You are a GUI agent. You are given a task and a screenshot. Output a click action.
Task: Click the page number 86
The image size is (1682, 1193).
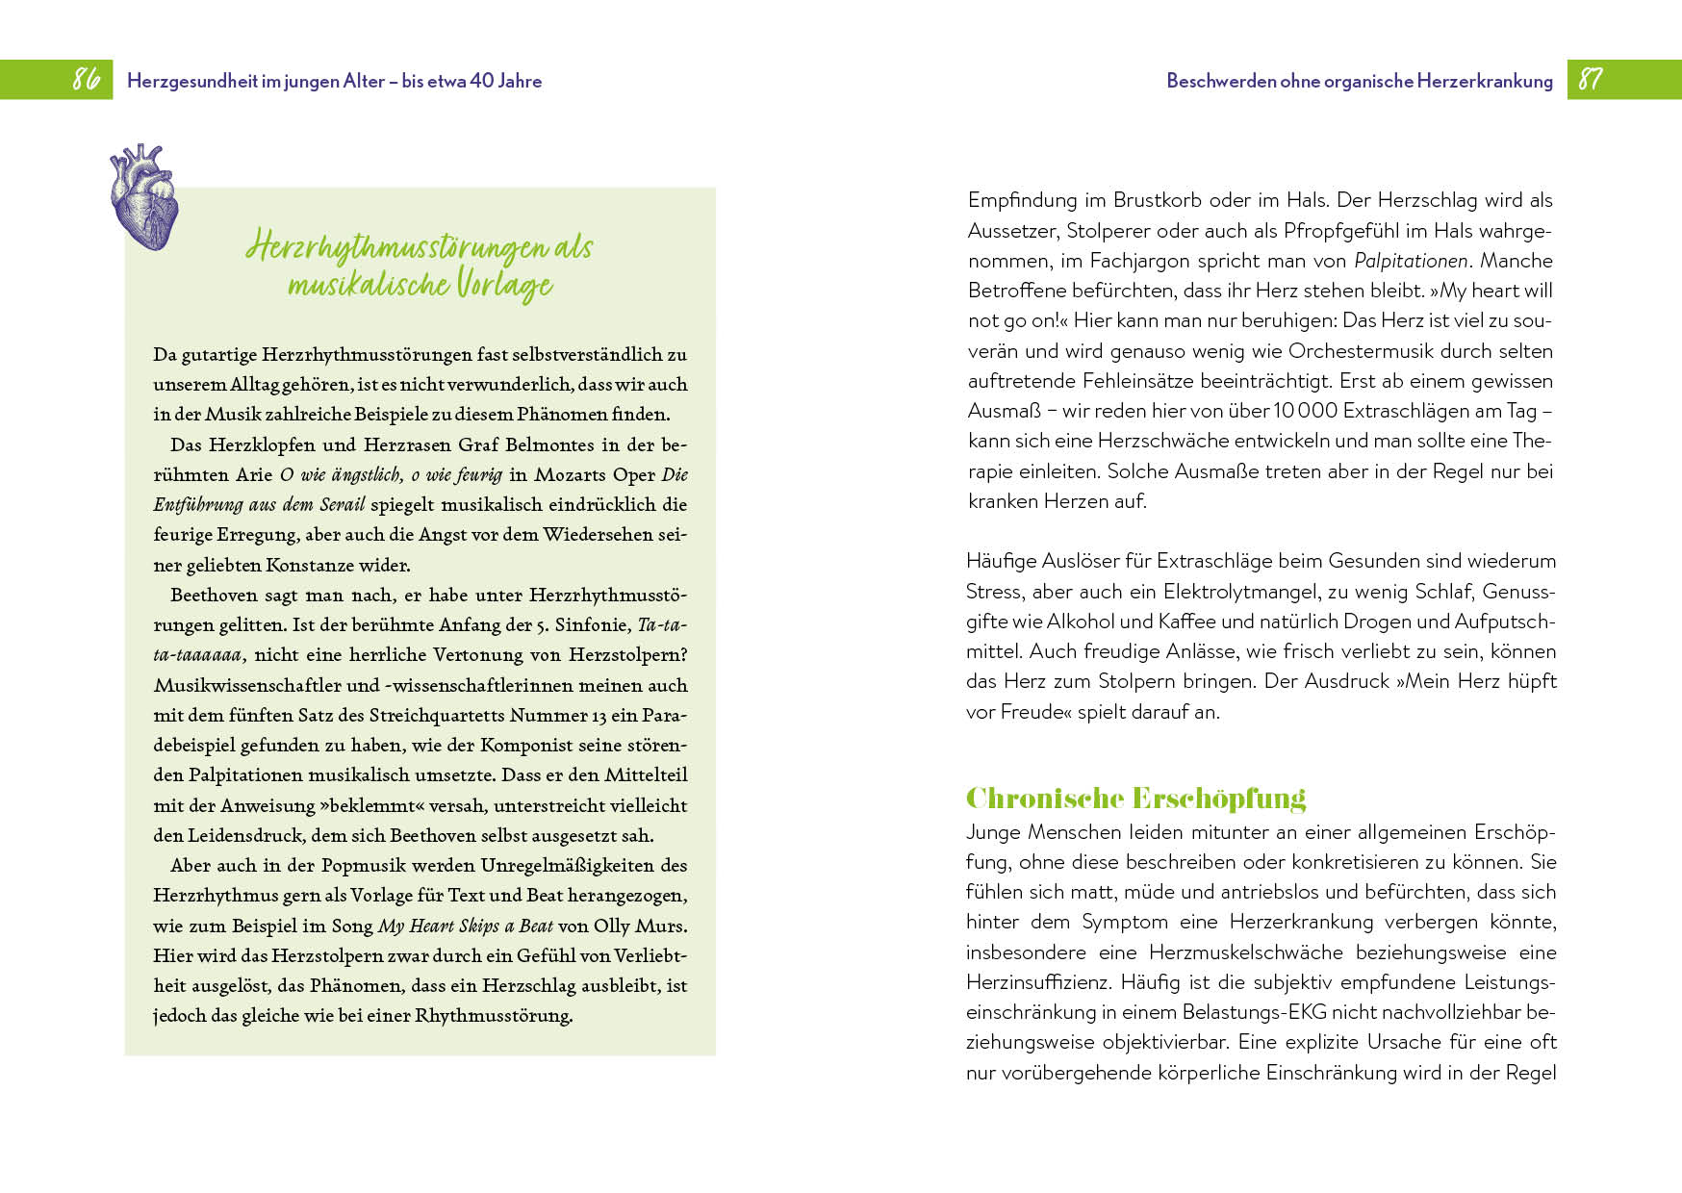tap(87, 79)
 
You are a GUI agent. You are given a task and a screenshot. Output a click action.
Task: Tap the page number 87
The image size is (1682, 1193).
tap(1591, 79)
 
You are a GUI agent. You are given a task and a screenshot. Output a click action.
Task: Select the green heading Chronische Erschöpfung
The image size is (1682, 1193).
tap(1135, 799)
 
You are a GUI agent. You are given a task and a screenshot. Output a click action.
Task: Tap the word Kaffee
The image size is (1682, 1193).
tap(1187, 622)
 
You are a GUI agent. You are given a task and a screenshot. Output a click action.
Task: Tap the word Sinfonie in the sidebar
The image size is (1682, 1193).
tap(590, 624)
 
